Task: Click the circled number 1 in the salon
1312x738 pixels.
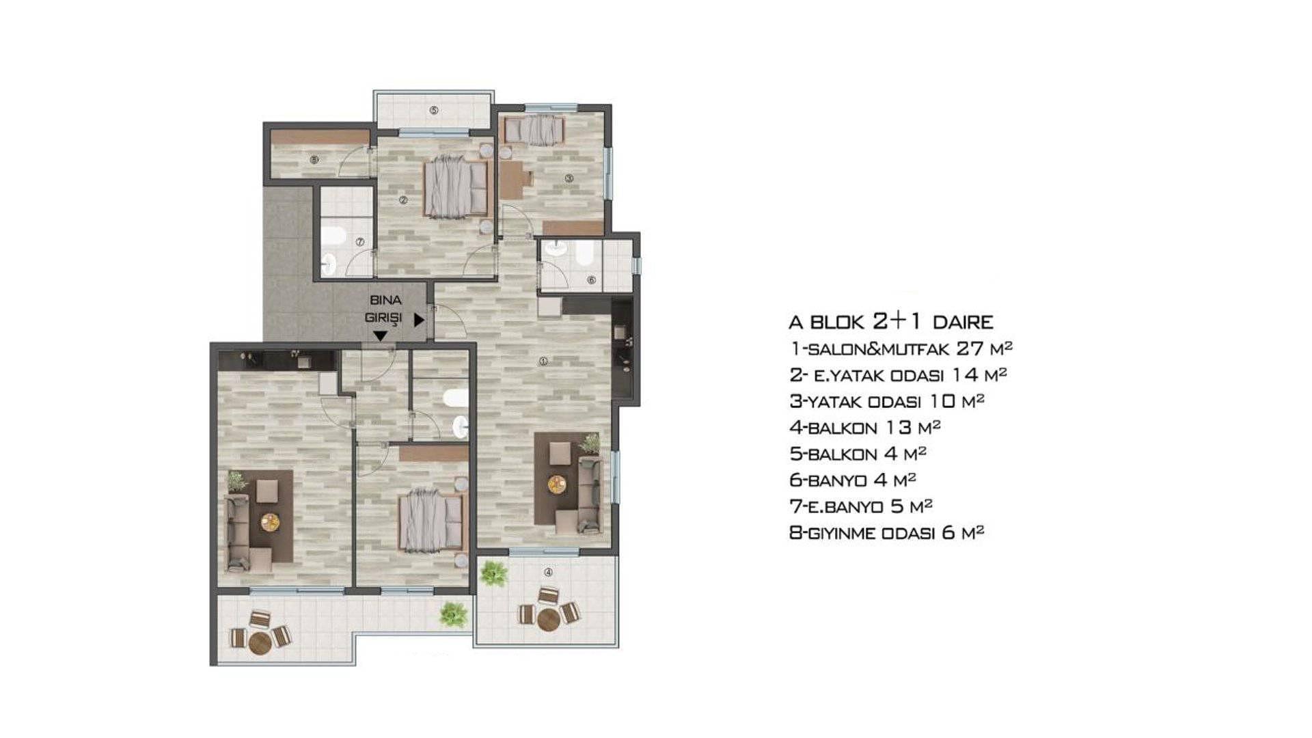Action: [543, 361]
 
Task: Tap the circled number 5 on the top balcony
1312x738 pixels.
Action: [434, 110]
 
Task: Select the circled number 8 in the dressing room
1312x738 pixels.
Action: [314, 161]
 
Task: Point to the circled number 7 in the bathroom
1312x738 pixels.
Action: [360, 242]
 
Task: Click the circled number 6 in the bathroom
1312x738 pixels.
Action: [592, 280]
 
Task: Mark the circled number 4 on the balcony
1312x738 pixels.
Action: [548, 573]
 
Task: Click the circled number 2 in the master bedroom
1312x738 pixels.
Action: [403, 200]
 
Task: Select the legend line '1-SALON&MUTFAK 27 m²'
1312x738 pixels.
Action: [901, 348]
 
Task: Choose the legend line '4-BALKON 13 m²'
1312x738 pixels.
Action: [865, 428]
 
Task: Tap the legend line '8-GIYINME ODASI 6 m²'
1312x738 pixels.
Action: [887, 533]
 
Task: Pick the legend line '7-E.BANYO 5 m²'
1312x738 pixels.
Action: [861, 506]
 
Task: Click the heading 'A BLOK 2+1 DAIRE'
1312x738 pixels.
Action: [891, 322]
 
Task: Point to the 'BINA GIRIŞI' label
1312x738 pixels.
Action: [385, 309]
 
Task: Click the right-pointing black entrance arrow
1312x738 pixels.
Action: [419, 319]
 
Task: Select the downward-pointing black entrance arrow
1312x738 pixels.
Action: [380, 336]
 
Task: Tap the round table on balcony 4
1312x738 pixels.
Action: [549, 620]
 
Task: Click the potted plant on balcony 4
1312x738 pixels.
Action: [493, 573]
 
